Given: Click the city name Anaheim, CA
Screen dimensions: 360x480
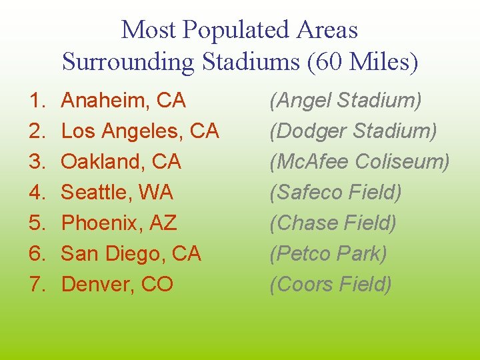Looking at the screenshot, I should click(123, 101).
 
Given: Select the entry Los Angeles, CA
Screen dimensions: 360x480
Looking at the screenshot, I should click(140, 131).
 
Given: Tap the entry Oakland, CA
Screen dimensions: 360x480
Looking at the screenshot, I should click(121, 162).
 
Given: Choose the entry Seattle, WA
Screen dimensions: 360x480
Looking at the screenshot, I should click(117, 193).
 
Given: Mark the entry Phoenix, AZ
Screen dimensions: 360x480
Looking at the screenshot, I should click(119, 223).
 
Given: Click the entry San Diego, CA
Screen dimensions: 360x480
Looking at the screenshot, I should click(131, 254).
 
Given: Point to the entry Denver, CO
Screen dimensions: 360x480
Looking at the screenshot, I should click(117, 285).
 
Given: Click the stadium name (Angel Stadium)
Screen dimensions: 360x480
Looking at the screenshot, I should click(345, 101).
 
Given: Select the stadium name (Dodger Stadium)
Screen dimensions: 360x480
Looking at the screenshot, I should click(353, 131).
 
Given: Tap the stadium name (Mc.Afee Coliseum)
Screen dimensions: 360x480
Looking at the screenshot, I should click(359, 162).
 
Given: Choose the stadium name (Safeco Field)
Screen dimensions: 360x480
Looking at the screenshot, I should click(335, 193).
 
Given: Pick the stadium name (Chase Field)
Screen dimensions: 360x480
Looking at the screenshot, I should click(333, 223).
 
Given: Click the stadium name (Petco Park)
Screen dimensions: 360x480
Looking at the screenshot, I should click(328, 254).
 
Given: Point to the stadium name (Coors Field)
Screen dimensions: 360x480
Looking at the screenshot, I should click(330, 285).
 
